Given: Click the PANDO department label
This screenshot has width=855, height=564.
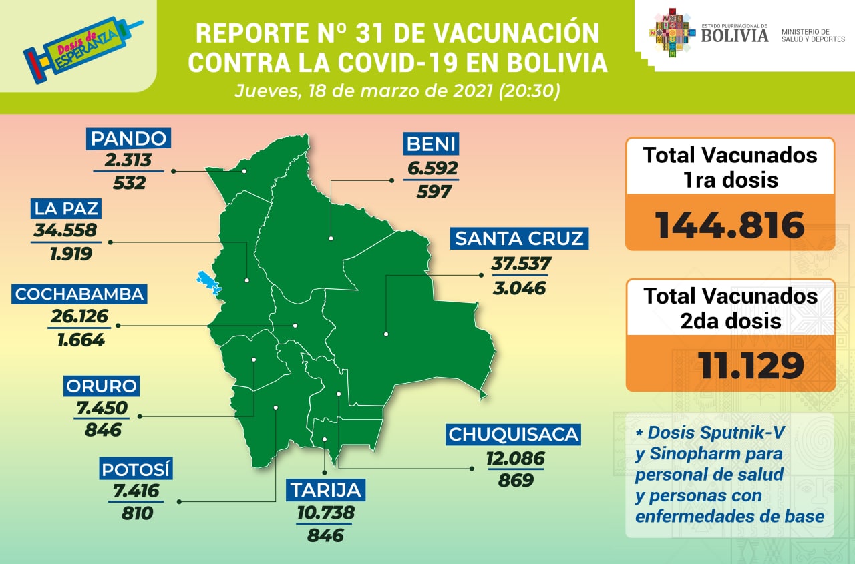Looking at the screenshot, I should coord(128,139).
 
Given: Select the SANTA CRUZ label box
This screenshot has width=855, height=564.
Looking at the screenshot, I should coord(519,238).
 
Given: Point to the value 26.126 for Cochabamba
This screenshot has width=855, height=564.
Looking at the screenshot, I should coord(79,316).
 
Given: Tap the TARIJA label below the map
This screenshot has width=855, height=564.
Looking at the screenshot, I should coord(325,491).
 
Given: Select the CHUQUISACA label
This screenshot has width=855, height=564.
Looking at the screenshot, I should coord(512,435).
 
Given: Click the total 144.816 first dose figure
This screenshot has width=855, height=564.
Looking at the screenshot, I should coord(729,224).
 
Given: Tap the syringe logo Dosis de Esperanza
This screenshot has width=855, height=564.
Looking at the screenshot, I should coord(80,47).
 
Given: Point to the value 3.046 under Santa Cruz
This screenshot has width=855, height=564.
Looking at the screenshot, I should coord(519,288).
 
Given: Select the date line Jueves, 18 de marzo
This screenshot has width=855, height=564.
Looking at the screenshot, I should coord(397,91).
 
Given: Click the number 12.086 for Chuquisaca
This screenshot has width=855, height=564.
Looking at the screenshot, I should coord(515,459).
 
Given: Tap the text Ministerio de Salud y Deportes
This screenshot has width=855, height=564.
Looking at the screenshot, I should coord(812,35).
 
